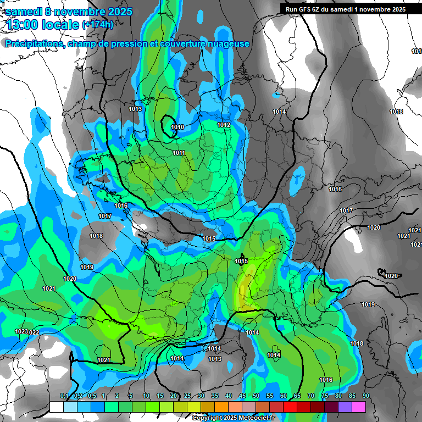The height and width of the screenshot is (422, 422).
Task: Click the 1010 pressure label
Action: click(177, 127)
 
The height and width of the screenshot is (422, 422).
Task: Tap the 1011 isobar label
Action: click(179, 153)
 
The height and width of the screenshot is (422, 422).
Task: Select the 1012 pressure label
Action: click(223, 125)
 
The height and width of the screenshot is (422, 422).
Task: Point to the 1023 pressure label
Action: click(21, 331)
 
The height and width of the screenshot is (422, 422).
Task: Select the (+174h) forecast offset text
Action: click(97, 25)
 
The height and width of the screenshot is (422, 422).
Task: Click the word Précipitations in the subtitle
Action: click(35, 43)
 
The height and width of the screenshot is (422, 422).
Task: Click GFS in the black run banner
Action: click(308, 9)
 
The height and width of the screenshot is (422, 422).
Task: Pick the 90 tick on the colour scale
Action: click(365, 396)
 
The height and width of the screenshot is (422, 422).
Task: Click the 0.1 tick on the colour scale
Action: click(64, 396)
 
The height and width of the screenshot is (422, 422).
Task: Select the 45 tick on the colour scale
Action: click(242, 396)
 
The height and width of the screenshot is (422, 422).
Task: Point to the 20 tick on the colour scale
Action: click(174, 396)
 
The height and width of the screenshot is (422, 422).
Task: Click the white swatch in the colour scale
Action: click(56, 407)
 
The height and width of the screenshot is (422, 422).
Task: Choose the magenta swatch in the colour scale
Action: click(359, 407)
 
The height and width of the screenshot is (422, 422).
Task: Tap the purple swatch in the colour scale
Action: click(345, 407)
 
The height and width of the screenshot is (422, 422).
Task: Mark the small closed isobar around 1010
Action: click(168, 120)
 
